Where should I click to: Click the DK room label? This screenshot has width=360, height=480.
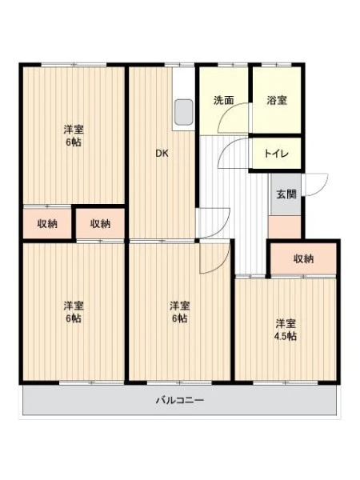coord(162,154)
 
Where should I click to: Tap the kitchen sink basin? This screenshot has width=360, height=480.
coord(184,112)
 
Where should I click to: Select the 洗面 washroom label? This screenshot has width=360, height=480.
coord(223,100)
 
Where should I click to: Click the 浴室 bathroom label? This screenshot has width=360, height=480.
coord(277,100)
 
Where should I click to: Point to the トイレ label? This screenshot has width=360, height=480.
coord(277,153)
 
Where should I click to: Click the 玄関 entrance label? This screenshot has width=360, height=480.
coord(286,194)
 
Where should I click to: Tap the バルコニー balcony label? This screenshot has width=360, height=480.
coord(180,400)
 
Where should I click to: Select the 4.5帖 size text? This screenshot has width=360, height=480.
coord(285,337)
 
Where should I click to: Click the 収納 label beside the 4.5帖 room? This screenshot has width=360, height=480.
coord(304,259)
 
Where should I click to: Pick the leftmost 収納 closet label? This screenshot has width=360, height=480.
coord(47,224)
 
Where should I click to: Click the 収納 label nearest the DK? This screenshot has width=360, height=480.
coord(100,224)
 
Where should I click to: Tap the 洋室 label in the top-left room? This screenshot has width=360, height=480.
coord(74,130)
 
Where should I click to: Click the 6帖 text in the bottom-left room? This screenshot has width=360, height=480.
coord(74,318)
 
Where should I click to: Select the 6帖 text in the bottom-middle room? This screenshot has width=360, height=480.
coord(180,318)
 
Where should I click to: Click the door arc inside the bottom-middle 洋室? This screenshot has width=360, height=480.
coord(221,264)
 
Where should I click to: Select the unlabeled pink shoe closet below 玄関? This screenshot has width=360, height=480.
coord(284,226)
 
